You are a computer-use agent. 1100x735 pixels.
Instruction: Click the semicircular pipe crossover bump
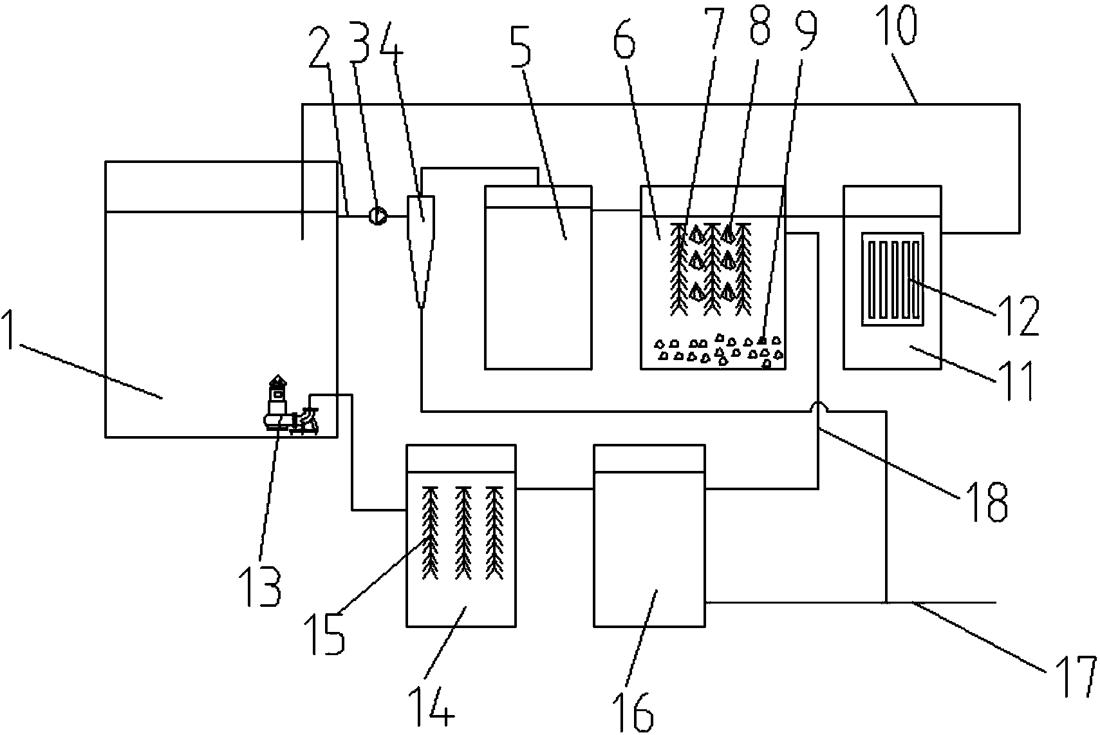click(x=818, y=406)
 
